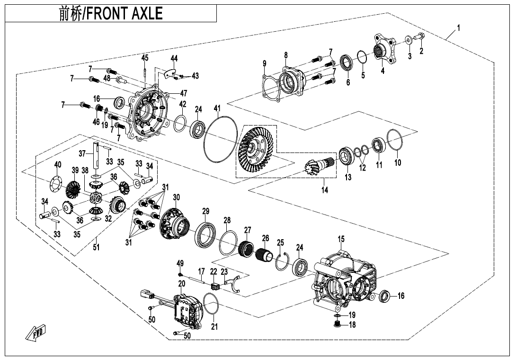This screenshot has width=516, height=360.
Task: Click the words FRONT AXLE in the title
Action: tap(125, 14)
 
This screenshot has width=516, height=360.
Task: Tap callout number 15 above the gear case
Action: tap(341, 238)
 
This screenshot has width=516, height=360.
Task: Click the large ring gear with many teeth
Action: tap(256, 148)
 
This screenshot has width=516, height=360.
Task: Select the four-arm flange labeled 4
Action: tap(383, 49)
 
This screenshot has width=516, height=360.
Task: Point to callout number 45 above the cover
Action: tap(144, 58)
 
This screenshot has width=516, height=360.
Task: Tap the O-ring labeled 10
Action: tap(396, 141)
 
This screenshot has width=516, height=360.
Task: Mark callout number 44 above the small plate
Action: tap(174, 58)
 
